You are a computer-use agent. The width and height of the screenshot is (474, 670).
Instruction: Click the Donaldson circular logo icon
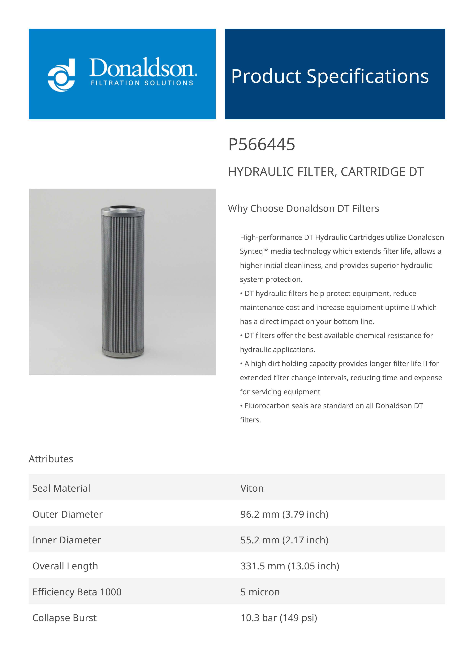(x=61, y=75)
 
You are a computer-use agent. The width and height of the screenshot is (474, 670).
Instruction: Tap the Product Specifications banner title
(x=330, y=76)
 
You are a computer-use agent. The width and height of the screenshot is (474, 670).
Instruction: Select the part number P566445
(x=261, y=145)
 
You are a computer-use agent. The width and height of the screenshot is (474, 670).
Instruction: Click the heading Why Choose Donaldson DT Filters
(x=304, y=208)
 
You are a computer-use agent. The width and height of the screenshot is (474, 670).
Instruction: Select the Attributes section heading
(x=51, y=459)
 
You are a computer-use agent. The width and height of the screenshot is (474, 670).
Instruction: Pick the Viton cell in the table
(x=252, y=488)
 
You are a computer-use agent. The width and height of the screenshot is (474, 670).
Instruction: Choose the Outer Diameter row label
(x=67, y=514)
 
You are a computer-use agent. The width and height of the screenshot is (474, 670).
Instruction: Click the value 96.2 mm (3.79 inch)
(x=284, y=514)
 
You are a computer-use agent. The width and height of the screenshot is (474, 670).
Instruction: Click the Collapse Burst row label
(x=64, y=618)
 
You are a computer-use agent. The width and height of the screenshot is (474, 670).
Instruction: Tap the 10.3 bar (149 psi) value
(x=279, y=618)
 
